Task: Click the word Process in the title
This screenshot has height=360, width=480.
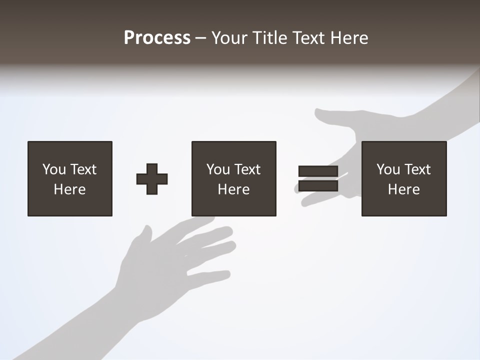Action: pyautogui.click(x=157, y=38)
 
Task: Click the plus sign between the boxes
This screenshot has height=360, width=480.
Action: pyautogui.click(x=152, y=179)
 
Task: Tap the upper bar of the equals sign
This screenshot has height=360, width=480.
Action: pyautogui.click(x=318, y=171)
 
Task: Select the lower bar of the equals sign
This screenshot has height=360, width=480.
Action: pyautogui.click(x=318, y=186)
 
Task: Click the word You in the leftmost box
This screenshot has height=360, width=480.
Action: pyautogui.click(x=54, y=169)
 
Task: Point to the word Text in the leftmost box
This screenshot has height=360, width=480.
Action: pyautogui.click(x=83, y=169)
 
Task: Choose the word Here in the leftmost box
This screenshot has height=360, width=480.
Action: pyautogui.click(x=69, y=189)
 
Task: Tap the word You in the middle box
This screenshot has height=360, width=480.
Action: pyautogui.click(x=218, y=169)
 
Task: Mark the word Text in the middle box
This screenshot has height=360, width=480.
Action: pyautogui.click(x=247, y=169)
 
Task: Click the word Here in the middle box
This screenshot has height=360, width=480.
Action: pyautogui.click(x=233, y=189)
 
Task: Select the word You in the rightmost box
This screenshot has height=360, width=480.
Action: pyautogui.click(x=388, y=169)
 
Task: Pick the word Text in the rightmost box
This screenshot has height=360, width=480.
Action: pyautogui.click(x=417, y=169)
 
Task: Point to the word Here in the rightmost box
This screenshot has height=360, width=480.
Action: pyautogui.click(x=403, y=189)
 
